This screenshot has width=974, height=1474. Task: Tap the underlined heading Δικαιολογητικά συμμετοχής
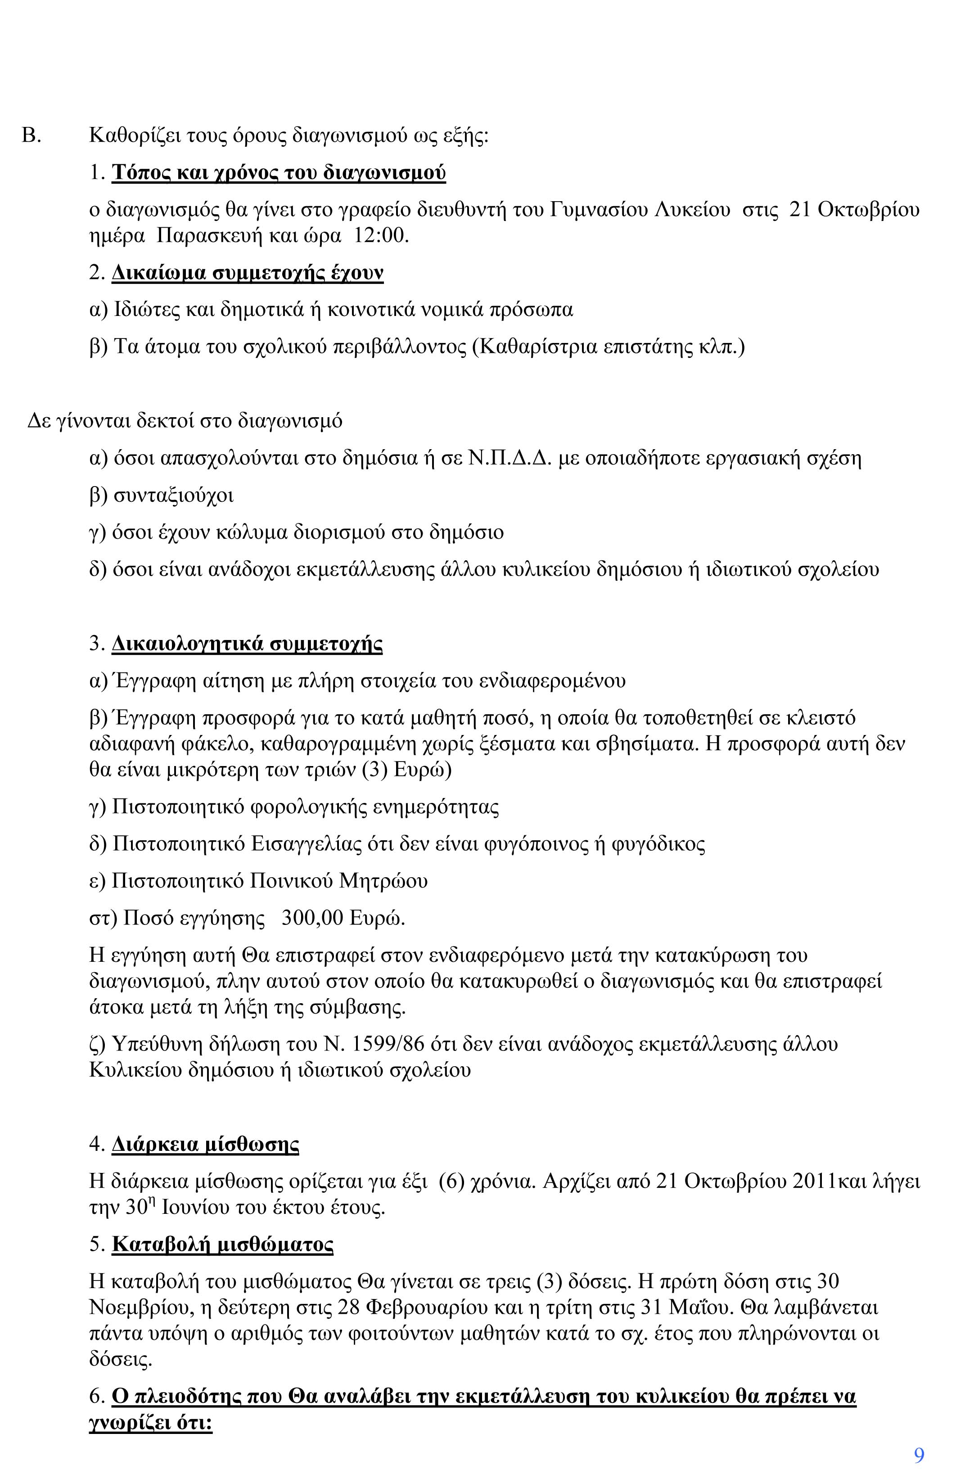(247, 644)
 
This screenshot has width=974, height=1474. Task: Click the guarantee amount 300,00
(312, 918)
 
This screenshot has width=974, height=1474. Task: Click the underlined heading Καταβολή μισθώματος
(222, 1245)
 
